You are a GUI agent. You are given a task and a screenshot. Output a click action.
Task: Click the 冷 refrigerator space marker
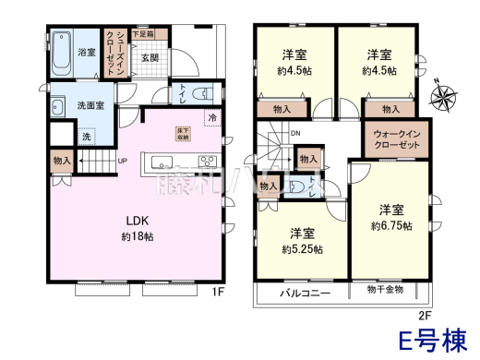coord(212,118)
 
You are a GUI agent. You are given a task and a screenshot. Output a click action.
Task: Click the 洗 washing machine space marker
coord(87,137)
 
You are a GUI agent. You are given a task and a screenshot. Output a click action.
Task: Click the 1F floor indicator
coord(219,293)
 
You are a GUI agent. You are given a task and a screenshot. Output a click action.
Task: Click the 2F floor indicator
coord(426,314)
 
